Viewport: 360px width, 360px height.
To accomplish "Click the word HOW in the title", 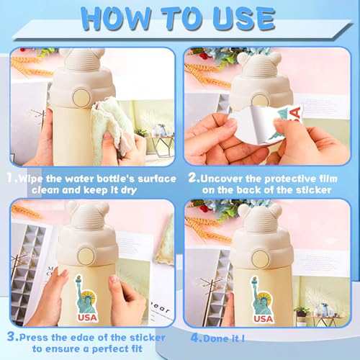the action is click(115, 19).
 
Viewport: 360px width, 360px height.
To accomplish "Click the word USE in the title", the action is click(243, 19).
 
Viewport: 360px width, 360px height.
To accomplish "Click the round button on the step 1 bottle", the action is click(81, 98).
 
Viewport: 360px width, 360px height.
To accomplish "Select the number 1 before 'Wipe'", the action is click(10, 178).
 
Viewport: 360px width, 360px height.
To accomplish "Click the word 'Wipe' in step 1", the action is click(31, 179).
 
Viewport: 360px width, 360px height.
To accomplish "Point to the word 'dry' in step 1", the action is click(129, 190).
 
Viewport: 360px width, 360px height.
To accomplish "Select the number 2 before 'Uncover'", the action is click(193, 178).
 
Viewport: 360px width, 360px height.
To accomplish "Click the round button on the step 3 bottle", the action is click(86, 256).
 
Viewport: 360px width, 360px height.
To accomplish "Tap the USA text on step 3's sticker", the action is click(87, 318).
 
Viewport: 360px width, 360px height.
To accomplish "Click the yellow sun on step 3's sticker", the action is click(89, 297).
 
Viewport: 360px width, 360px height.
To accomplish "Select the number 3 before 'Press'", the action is click(12, 336).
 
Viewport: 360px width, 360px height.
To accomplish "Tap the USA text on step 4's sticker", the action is click(264, 319).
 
